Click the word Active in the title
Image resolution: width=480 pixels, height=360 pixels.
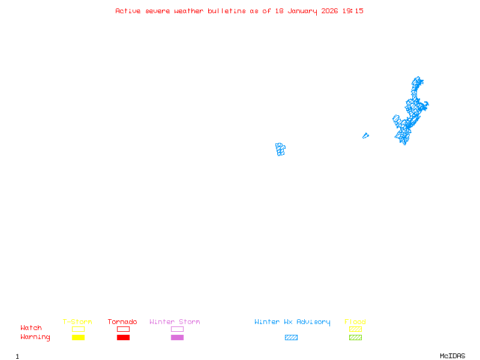(128, 11)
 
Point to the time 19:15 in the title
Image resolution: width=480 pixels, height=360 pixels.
(353, 11)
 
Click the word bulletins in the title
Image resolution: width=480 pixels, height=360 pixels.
(227, 11)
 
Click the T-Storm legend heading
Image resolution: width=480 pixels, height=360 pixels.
(77, 322)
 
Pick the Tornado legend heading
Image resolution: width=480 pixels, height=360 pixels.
(122, 322)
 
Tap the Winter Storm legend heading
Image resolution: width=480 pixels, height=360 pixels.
(175, 322)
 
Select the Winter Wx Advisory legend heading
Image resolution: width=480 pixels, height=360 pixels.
(292, 322)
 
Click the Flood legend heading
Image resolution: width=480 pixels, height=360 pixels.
(355, 322)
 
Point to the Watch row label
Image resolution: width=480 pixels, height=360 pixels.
(31, 328)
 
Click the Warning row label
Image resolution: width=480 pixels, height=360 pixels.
(35, 337)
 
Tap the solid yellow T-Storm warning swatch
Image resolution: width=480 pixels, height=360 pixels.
(78, 338)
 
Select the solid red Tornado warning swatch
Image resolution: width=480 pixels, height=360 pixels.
(123, 338)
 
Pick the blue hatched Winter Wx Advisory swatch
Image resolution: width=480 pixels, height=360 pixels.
(291, 338)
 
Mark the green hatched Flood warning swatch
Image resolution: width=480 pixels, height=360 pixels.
(355, 338)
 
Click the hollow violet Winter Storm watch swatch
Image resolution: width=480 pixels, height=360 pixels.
(177, 329)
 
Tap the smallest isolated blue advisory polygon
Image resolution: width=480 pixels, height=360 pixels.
(365, 136)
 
